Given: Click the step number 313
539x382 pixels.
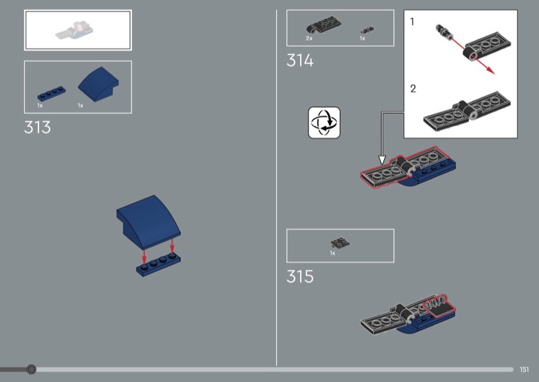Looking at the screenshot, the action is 38,127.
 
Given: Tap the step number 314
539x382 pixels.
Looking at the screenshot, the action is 300,61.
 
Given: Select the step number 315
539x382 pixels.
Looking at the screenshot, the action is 300,276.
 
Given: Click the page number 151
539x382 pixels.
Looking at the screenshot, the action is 524,369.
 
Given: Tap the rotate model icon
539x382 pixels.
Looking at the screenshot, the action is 324,122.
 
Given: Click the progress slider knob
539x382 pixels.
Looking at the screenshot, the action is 31,369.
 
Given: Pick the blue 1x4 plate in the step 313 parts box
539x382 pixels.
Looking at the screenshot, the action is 52,93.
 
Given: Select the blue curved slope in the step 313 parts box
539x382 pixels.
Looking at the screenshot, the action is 98,83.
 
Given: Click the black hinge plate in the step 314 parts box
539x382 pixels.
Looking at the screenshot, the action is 323,25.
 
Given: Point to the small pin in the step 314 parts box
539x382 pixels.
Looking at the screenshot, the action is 367,30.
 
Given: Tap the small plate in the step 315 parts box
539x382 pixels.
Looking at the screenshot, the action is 340,243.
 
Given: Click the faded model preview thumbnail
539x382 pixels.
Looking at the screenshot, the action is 74,30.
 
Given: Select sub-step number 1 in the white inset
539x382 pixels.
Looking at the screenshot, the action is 412,22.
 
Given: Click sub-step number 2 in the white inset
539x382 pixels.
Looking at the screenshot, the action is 413,89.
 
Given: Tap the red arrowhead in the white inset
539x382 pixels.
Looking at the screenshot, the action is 490,70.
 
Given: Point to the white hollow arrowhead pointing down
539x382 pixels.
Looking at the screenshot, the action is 382,160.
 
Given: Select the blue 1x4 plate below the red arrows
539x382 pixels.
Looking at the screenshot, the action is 158,265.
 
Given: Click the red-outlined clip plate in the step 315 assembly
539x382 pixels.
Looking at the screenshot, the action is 439,306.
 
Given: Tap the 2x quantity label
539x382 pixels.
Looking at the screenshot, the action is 309,38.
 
